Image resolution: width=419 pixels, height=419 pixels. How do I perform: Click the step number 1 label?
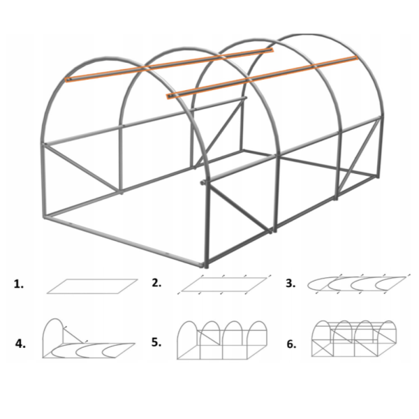[18, 284]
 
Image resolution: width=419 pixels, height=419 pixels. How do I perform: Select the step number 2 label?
[156, 283]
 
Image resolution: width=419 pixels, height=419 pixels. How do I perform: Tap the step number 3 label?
[291, 284]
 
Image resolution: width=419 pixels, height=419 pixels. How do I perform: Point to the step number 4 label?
[20, 344]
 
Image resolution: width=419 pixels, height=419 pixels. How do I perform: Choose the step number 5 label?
[156, 342]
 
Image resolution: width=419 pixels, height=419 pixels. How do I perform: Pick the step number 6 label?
[291, 344]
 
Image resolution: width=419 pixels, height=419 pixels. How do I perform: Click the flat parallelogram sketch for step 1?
[92, 286]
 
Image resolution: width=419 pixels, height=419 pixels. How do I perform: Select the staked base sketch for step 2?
[224, 284]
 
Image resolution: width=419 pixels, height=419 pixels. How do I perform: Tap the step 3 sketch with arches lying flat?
[357, 284]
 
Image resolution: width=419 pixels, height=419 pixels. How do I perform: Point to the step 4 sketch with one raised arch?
[88, 338]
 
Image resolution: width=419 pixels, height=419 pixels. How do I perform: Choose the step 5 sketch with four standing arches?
[222, 340]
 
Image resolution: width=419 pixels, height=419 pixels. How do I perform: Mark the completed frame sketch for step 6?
[354, 339]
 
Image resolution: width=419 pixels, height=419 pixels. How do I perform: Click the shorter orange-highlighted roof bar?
[170, 64]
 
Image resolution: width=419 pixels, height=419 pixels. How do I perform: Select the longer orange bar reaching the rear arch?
[262, 78]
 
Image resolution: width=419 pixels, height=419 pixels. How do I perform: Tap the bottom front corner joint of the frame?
[206, 265]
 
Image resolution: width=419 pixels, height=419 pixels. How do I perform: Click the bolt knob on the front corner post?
[203, 182]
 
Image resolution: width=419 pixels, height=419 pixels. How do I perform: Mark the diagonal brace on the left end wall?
[82, 168]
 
